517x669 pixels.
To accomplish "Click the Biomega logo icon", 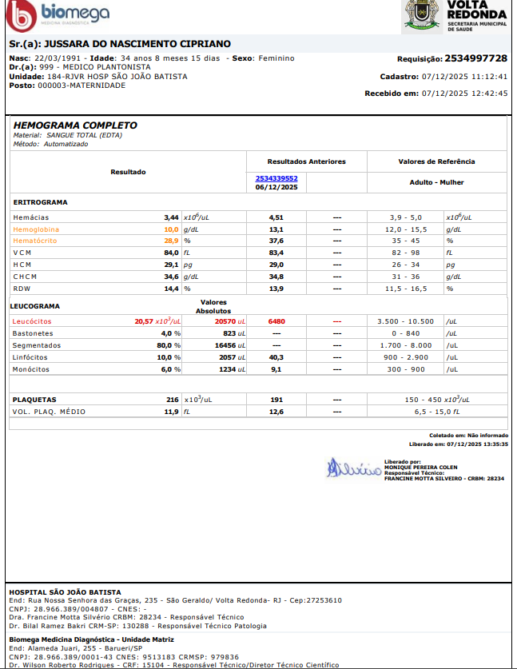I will point(18,15).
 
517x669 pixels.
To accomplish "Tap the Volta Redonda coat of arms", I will point(421,15).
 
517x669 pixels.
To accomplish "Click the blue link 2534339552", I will point(276,178).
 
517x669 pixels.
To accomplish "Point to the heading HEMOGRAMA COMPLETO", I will point(75,125).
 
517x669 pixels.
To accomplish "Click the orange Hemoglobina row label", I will point(36,229).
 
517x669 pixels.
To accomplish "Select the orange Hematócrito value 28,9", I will point(171,241).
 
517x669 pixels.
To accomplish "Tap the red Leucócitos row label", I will point(32,321).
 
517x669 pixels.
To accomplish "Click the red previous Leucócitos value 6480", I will point(276,321).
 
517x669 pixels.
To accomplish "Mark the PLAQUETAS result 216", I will point(172,399).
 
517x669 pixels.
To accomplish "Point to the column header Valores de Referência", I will point(436,161).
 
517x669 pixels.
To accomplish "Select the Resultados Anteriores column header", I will point(306,161).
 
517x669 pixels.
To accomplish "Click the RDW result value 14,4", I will point(171,288).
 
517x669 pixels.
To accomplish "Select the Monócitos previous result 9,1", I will point(276,369).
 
